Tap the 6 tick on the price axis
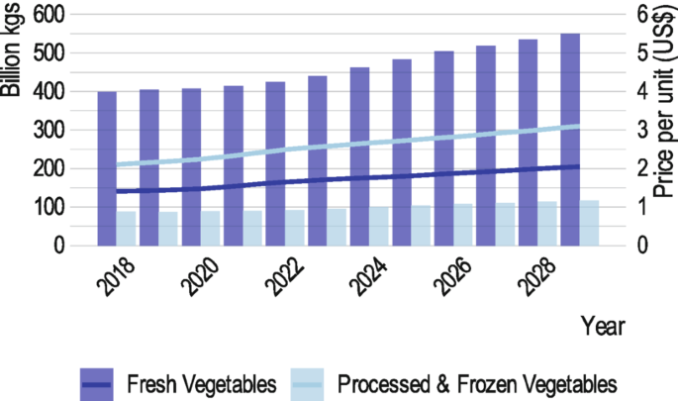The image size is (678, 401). tap(641, 15)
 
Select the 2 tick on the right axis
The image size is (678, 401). tap(641, 168)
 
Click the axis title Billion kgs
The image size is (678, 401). tap(12, 50)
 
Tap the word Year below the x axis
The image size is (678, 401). tap(603, 326)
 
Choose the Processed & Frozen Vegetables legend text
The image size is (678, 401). tap(478, 383)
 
